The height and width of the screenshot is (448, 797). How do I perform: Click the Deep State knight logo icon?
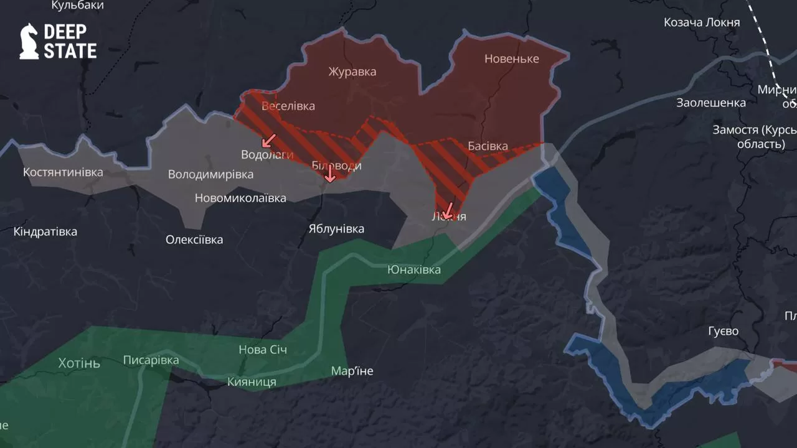tap(29, 42)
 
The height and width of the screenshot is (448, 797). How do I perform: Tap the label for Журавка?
tap(352, 72)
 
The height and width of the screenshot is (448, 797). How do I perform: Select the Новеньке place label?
tap(511, 59)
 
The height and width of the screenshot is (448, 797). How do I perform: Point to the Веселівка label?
tap(288, 106)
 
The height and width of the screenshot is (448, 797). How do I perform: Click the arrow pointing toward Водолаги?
tap(269, 140)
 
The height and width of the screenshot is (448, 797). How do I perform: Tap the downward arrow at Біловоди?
tap(330, 174)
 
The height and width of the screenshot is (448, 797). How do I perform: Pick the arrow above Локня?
tap(446, 210)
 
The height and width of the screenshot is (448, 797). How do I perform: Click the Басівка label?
tap(488, 147)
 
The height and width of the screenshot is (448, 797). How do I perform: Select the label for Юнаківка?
tap(413, 269)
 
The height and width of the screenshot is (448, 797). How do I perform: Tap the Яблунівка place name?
tap(336, 229)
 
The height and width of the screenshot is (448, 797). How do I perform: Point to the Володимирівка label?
tap(210, 174)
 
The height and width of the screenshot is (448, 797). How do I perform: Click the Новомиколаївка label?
tap(240, 198)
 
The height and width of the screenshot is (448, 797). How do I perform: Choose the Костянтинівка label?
tap(63, 172)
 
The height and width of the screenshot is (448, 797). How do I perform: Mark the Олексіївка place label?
tap(194, 240)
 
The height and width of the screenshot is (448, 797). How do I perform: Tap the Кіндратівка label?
tap(45, 232)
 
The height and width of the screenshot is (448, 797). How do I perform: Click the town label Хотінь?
tap(78, 363)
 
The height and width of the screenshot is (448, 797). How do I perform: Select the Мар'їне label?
tap(352, 371)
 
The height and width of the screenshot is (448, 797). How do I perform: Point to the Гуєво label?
tap(723, 331)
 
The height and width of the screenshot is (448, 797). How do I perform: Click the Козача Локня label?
tap(702, 22)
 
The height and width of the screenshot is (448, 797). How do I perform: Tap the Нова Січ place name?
tap(263, 350)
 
